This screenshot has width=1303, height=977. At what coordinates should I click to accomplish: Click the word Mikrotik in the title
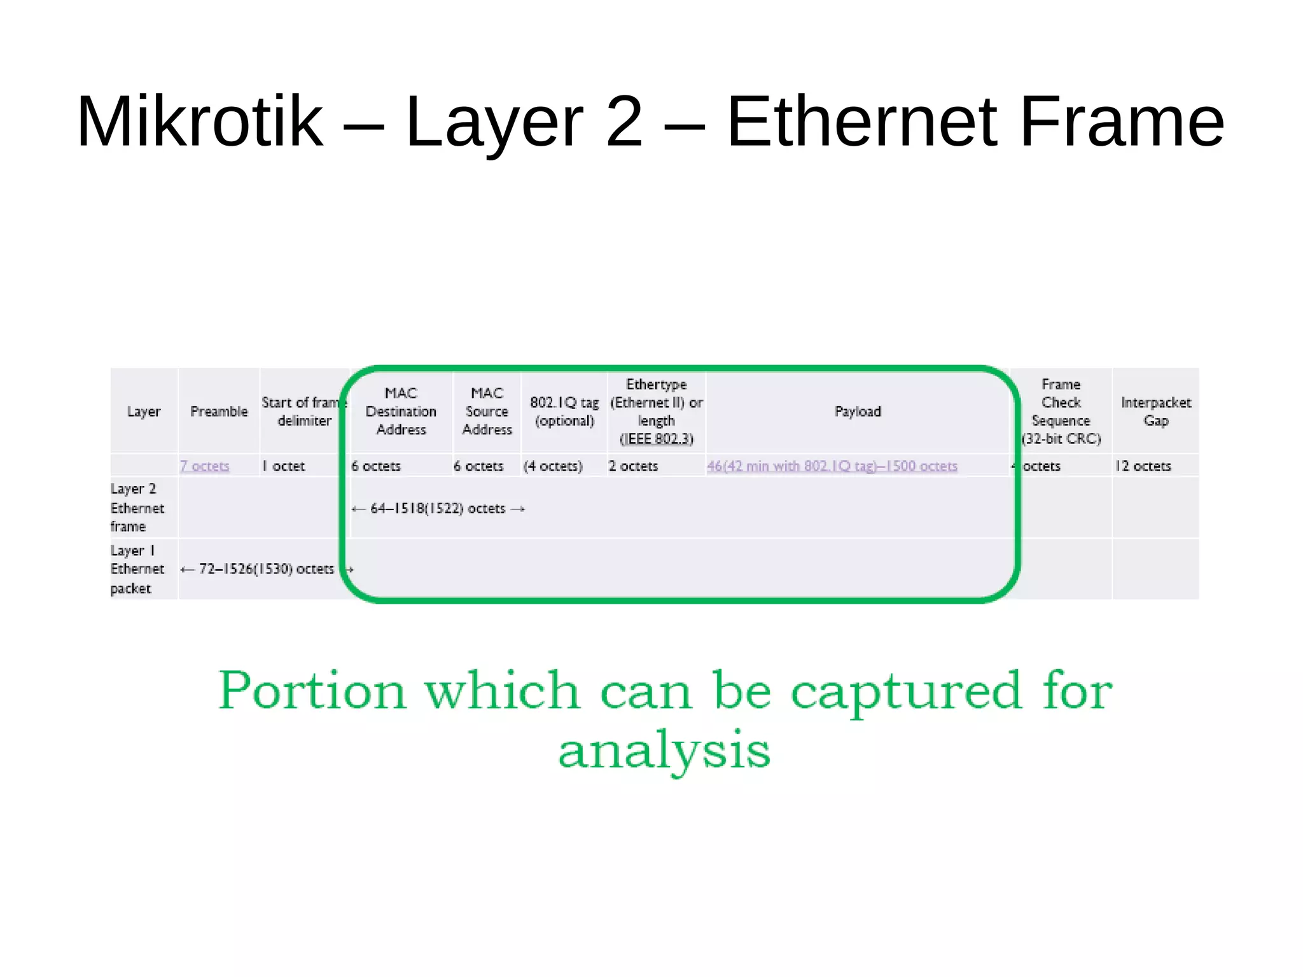coord(200,121)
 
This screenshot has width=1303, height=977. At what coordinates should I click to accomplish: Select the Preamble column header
coord(219,412)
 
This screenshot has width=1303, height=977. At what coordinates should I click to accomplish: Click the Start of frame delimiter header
coord(303,412)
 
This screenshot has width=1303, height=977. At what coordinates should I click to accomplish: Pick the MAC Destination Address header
coord(401,412)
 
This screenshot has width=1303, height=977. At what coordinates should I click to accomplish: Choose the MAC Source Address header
coord(487,412)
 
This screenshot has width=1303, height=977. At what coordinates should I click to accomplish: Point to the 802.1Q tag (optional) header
coord(564,412)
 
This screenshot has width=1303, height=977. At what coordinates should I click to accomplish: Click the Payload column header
coord(858,412)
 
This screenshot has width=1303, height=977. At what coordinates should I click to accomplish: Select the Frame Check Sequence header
coord(1061,412)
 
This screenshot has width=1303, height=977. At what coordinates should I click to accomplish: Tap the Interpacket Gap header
coord(1155,412)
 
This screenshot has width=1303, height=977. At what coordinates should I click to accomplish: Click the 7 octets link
coord(204,466)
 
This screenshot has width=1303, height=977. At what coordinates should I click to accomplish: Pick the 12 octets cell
coord(1143,466)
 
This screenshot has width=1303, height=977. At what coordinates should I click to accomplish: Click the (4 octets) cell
coord(553,466)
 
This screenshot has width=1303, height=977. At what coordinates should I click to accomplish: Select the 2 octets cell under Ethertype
coord(633,466)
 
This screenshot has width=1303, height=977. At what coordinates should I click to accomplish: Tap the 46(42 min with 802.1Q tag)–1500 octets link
coord(832,466)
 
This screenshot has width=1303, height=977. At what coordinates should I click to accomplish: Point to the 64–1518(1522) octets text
coord(438,509)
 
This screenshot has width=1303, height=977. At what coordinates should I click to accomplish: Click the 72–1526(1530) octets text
coord(266,569)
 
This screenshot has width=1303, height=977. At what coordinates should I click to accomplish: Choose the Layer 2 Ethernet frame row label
coord(137,508)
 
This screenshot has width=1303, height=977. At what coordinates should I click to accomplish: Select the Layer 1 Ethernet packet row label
coord(137,569)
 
